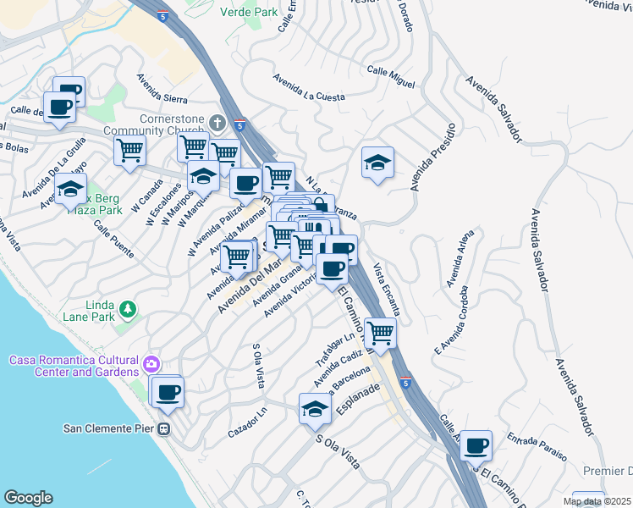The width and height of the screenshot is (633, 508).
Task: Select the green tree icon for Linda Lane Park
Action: click(x=128, y=311)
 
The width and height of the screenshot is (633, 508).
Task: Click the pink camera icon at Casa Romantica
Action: click(x=151, y=365)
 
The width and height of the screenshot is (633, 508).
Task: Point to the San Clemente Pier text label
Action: click(x=108, y=428)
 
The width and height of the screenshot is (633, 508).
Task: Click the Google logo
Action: click(x=28, y=497)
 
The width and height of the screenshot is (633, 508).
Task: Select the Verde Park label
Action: click(x=248, y=12)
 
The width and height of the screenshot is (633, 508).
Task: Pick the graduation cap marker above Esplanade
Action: click(x=315, y=409)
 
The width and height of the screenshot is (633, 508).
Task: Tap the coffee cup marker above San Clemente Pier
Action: click(x=168, y=391)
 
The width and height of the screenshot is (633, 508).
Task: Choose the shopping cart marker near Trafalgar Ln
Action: click(x=381, y=333)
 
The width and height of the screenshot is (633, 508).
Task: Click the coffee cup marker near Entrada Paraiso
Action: click(x=476, y=444)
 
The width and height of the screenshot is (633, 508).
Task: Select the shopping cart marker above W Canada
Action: click(x=129, y=151)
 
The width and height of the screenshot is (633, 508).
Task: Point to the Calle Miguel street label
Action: click(x=391, y=78)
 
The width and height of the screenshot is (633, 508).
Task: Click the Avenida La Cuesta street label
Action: click(x=308, y=90)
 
